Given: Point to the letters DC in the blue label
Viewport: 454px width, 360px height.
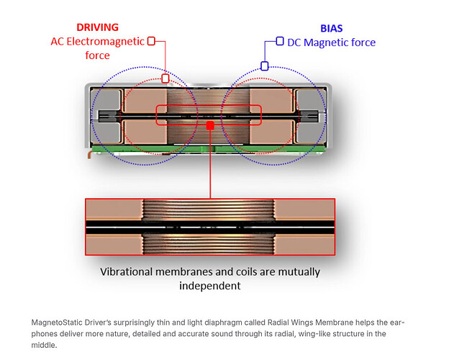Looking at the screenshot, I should pyautogui.click(x=294, y=42).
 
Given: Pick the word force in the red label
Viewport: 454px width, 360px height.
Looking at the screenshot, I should pyautogui.click(x=95, y=55).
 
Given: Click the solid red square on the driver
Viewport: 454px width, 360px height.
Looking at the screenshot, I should pyautogui.click(x=210, y=125).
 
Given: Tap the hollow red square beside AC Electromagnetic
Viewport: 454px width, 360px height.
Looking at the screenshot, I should pyautogui.click(x=151, y=41).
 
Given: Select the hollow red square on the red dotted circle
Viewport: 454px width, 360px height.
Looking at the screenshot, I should pyautogui.click(x=165, y=78).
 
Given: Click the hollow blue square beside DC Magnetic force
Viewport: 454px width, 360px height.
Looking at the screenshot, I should pyautogui.click(x=280, y=42).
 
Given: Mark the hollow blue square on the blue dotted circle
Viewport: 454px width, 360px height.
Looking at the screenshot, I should pyautogui.click(x=265, y=66).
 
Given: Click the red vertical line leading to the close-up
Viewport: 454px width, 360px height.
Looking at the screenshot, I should pyautogui.click(x=210, y=166).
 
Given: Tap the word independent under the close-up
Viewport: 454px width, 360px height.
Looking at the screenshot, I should pyautogui.click(x=209, y=286).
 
